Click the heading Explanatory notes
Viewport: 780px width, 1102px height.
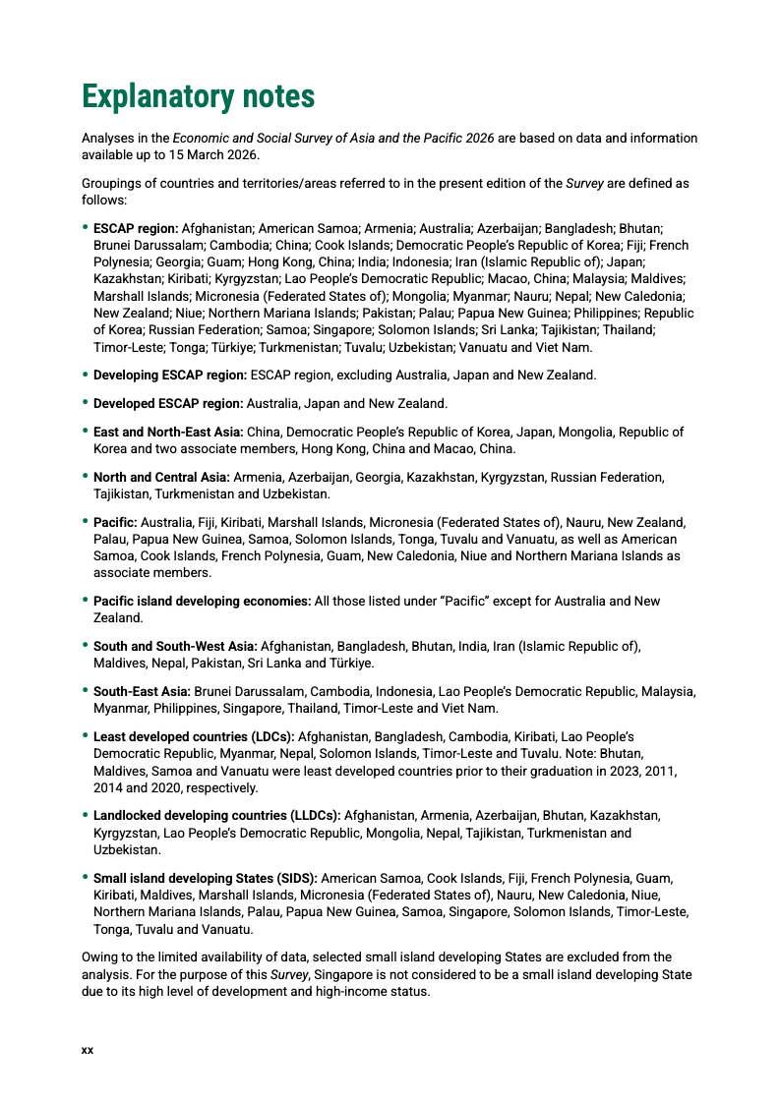pos(198,97)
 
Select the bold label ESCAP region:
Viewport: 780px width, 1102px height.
pos(136,228)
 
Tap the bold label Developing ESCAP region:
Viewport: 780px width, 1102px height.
pos(170,375)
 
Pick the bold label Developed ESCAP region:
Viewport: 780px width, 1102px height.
pos(168,403)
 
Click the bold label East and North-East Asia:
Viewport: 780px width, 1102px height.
pos(168,432)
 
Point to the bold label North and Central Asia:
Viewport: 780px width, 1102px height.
pos(161,477)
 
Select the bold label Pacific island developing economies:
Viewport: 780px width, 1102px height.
pos(202,601)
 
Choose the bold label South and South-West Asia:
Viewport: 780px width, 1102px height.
pos(175,646)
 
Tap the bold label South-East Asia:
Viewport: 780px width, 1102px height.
pos(142,691)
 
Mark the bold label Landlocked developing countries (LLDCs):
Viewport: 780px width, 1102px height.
pos(217,815)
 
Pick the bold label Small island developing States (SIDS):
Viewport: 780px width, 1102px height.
pos(206,877)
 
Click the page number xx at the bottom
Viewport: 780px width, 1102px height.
pos(88,1051)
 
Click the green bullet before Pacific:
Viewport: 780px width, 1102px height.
pos(85,521)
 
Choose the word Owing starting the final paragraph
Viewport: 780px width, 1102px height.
pos(99,957)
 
